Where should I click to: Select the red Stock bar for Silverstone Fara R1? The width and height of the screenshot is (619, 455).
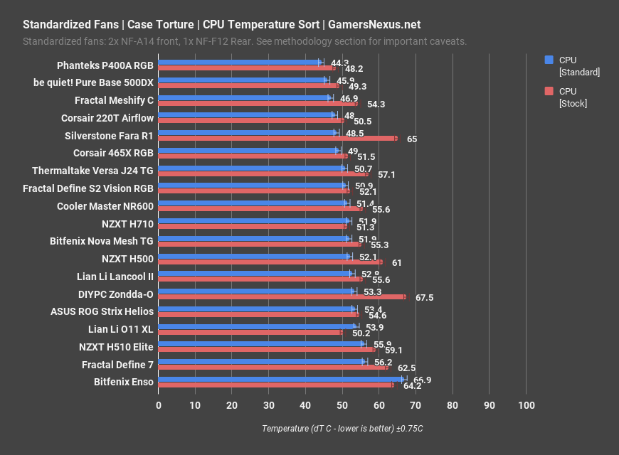[x=277, y=138]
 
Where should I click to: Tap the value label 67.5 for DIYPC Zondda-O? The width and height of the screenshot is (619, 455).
[x=424, y=298]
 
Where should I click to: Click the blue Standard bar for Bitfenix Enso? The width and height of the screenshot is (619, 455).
[x=281, y=380]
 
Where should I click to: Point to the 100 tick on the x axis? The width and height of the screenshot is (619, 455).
[x=526, y=405]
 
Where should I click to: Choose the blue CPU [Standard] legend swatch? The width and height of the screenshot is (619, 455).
[x=549, y=60]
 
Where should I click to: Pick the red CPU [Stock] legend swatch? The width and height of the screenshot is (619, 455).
[x=549, y=91]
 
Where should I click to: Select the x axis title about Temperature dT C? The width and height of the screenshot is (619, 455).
[x=342, y=429]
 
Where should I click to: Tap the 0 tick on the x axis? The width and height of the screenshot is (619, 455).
[x=159, y=405]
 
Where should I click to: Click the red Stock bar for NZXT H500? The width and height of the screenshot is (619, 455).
[x=270, y=262]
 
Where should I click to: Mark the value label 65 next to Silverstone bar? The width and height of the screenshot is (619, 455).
[x=412, y=139]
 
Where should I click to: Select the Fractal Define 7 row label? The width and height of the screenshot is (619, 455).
[x=117, y=364]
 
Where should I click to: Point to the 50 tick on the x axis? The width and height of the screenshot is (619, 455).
[x=342, y=405]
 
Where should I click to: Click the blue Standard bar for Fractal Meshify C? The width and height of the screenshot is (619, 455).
[x=245, y=97]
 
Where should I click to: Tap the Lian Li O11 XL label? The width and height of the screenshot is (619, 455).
[x=120, y=328]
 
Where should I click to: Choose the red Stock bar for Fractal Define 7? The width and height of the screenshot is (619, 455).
[x=273, y=368]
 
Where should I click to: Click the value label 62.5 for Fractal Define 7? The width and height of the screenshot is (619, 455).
[x=406, y=368]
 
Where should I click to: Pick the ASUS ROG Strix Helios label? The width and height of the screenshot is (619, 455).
[x=102, y=311]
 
